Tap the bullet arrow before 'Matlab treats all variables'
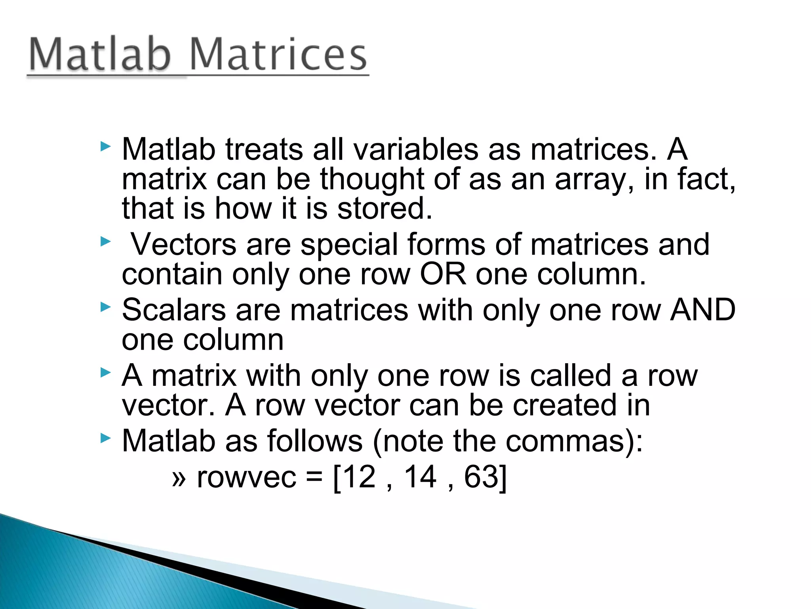[105, 147]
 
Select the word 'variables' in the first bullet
[416, 149]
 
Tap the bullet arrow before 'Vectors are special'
[105, 241]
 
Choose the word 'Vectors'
[184, 244]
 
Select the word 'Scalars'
[173, 310]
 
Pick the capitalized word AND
[702, 310]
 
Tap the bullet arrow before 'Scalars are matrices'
[105, 306]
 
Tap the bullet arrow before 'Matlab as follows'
[105, 438]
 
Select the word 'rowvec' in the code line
[246, 477]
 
